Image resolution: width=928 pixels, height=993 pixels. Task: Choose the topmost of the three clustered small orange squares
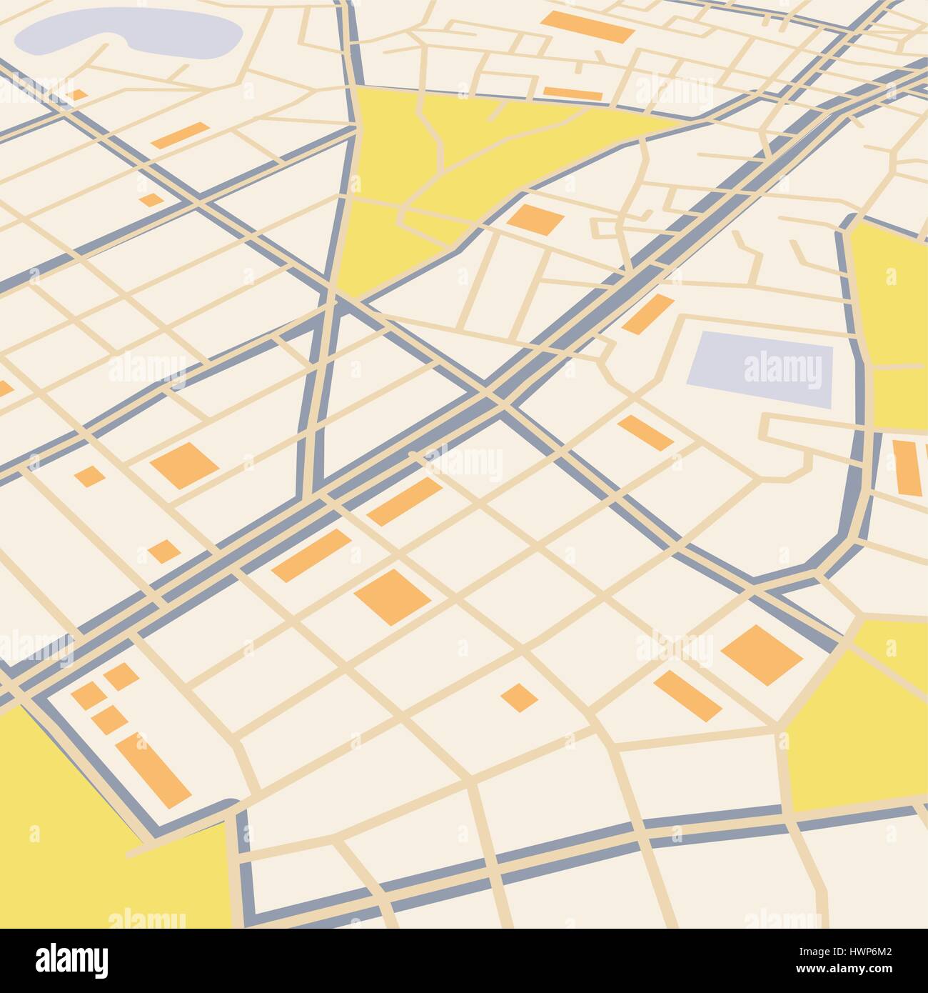121,676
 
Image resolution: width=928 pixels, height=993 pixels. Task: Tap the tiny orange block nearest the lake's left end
76,94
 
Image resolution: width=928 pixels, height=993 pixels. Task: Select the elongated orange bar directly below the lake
180,134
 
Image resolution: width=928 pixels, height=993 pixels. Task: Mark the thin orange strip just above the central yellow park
573,94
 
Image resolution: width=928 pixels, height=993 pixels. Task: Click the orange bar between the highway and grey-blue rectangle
647,314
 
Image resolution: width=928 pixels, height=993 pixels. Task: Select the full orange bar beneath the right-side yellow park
906,468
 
